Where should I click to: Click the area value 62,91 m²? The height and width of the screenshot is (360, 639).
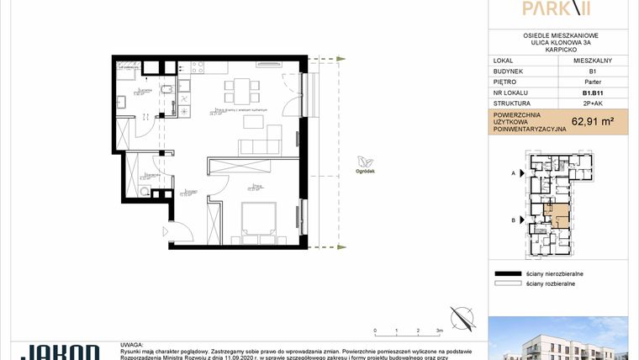[x=592, y=120]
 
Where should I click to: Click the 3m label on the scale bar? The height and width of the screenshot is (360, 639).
[x=438, y=331]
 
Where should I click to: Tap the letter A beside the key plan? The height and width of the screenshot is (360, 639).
[x=512, y=172]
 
